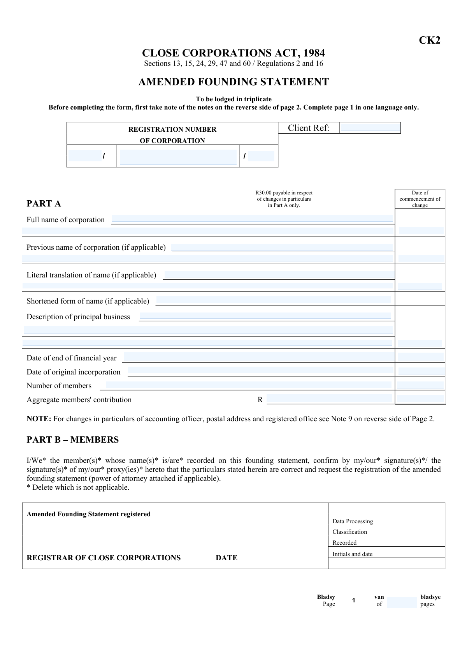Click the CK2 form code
(429, 41)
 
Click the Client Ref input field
(370, 128)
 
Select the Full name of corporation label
(65, 220)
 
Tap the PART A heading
(44, 204)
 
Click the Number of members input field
(248, 385)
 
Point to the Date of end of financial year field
(259, 357)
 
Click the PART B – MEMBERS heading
(72, 440)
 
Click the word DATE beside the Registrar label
(226, 558)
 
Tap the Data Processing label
(353, 521)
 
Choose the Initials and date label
(352, 554)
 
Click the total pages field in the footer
(402, 603)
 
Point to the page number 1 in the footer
(353, 600)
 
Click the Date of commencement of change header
(420, 199)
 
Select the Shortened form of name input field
(273, 300)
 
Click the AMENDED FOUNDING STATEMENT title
(233, 82)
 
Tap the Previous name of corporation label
(96, 247)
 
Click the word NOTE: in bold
(39, 419)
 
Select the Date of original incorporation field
(260, 371)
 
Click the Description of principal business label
(78, 317)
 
